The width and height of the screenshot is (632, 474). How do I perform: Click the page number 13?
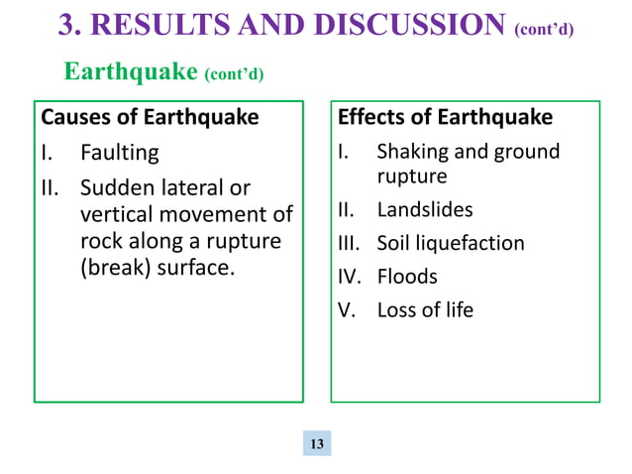click(x=317, y=443)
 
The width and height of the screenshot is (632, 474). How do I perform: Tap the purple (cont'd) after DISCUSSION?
click(x=544, y=29)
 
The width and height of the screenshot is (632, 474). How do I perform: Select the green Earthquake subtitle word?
click(x=131, y=71)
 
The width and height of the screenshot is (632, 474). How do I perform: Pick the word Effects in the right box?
click(x=371, y=118)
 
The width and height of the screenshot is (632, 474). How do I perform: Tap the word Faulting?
click(x=119, y=154)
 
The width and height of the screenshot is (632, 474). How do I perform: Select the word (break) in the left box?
click(x=112, y=268)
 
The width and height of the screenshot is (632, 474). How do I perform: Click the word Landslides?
click(x=425, y=210)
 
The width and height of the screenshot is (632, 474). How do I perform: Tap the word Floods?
click(x=407, y=277)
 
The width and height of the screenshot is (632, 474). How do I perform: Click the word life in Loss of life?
click(x=458, y=310)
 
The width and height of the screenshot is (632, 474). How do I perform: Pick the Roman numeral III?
click(x=348, y=244)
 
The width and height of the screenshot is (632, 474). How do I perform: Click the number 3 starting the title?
click(x=67, y=24)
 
